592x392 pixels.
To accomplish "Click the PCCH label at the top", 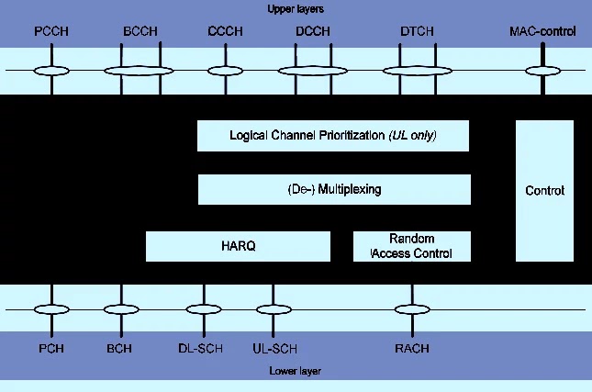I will click(x=51, y=32).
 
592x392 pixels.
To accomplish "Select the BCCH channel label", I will click(x=140, y=32).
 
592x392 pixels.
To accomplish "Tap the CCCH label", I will click(x=225, y=32).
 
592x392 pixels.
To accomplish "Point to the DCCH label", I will click(x=313, y=32).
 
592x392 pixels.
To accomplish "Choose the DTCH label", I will click(x=418, y=32).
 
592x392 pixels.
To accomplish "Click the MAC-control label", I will click(x=542, y=32).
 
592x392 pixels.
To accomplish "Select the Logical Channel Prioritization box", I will click(x=333, y=136).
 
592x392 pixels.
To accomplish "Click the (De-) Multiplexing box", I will click(x=333, y=189).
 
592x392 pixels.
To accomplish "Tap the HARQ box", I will click(x=238, y=246).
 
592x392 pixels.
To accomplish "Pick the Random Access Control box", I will click(x=411, y=246).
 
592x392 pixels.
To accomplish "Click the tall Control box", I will click(x=544, y=191).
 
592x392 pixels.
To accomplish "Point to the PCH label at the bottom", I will click(x=51, y=349).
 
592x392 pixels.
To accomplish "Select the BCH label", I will click(x=119, y=349).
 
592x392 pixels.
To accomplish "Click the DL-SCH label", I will click(x=197, y=349).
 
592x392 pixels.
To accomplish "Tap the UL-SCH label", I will click(x=274, y=349).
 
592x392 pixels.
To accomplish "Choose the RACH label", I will click(x=411, y=349).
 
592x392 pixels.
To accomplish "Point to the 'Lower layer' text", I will click(x=296, y=371).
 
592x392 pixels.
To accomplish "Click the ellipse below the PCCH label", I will click(x=51, y=70).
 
